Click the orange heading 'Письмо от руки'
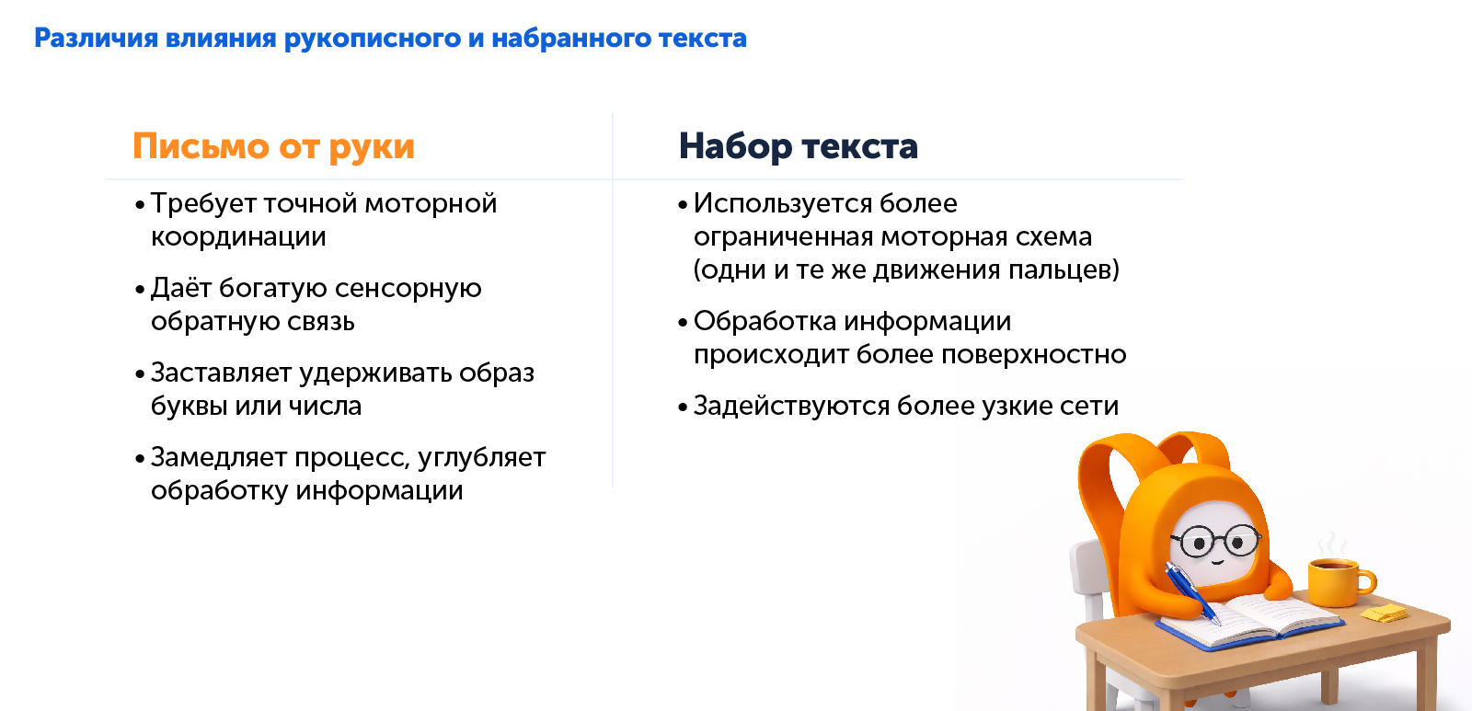(x=273, y=147)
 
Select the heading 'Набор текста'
(x=798, y=147)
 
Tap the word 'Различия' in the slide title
(x=96, y=39)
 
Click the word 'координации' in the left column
(x=238, y=237)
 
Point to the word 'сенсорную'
(x=408, y=289)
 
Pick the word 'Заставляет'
(x=221, y=373)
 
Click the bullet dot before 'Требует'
(x=140, y=205)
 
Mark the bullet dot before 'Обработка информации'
(x=683, y=323)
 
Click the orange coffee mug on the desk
(x=1337, y=581)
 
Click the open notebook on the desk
(x=1251, y=619)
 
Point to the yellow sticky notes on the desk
(x=1384, y=614)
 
